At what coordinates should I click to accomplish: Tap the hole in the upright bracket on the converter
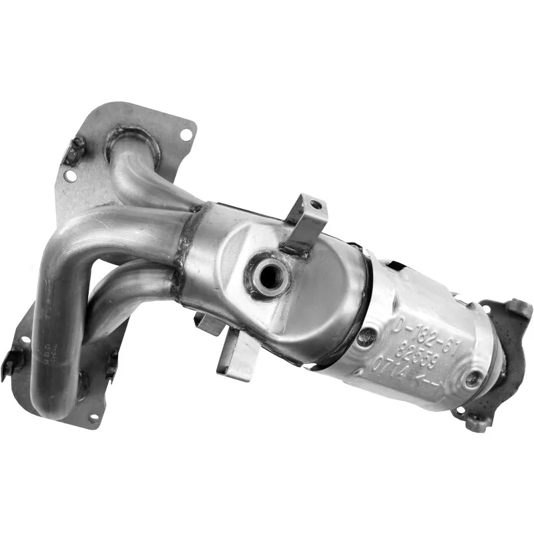(315, 205)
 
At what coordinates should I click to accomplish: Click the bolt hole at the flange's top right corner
(185, 135)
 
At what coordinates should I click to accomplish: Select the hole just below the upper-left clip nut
(69, 176)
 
